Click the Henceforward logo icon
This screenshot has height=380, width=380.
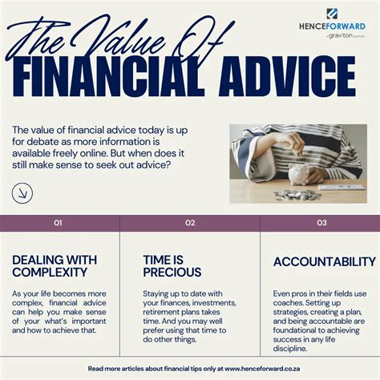[x=332, y=13]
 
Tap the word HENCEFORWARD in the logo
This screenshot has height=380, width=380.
[x=331, y=26]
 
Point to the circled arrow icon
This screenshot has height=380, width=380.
[x=23, y=192]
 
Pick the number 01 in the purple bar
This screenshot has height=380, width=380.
[x=59, y=223]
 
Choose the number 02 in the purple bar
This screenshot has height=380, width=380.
[x=190, y=223]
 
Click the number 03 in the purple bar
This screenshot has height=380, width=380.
[x=321, y=223]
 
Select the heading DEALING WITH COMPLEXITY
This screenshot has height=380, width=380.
[x=54, y=266]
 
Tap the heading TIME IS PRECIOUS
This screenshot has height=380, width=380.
[x=172, y=266]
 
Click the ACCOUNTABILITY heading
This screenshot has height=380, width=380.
[x=324, y=261]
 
